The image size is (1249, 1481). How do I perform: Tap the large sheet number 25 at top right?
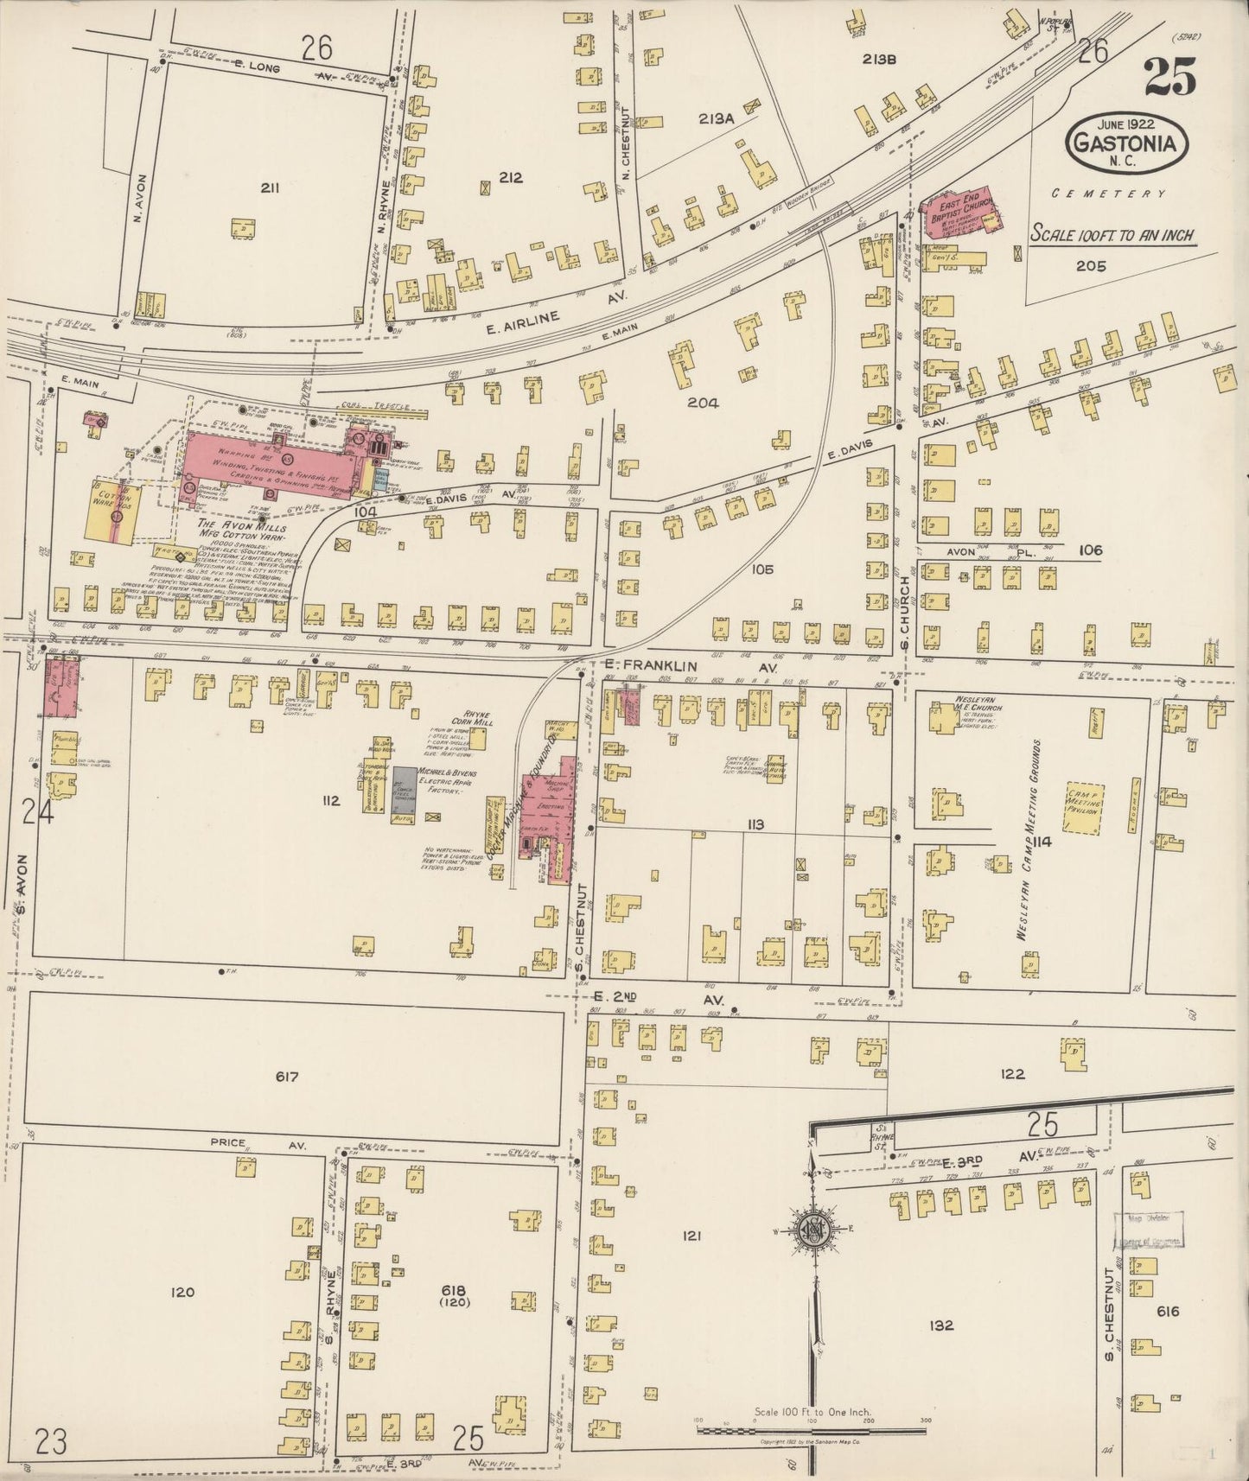(x=1170, y=78)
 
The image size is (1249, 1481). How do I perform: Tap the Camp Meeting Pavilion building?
(x=1080, y=804)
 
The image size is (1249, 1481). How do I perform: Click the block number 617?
(x=287, y=1077)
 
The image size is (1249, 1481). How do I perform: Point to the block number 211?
(x=270, y=187)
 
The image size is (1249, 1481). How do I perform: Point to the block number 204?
(x=704, y=402)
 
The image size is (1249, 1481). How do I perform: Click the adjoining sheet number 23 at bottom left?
(x=51, y=1440)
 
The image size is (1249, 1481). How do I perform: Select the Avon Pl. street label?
(x=972, y=550)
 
